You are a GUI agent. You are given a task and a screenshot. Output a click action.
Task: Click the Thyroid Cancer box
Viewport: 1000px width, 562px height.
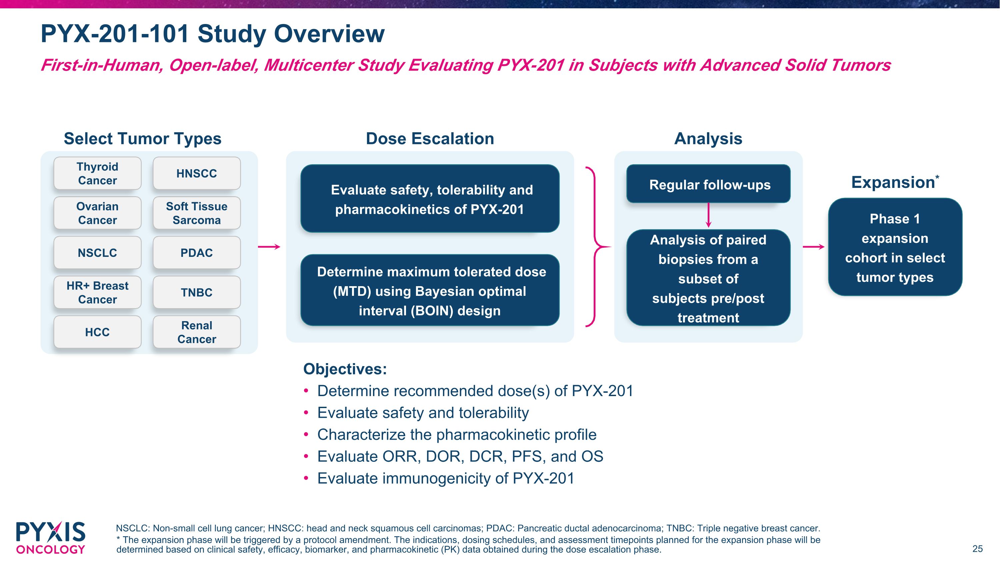(97, 173)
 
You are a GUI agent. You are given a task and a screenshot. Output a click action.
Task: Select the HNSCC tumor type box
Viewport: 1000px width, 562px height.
(196, 173)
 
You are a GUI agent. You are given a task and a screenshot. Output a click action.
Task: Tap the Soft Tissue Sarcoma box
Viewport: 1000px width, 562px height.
(196, 213)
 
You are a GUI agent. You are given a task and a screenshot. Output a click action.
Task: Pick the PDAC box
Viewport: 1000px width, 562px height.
(196, 253)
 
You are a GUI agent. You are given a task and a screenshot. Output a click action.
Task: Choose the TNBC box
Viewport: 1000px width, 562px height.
(196, 292)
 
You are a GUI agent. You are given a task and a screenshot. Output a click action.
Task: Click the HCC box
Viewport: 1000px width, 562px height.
(97, 332)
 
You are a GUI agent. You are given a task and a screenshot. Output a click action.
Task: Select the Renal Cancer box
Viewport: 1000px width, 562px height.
(196, 332)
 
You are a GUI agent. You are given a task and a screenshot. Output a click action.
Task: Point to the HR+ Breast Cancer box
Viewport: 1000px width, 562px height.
(97, 292)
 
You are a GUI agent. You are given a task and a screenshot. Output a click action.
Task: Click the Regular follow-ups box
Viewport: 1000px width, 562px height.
(708, 184)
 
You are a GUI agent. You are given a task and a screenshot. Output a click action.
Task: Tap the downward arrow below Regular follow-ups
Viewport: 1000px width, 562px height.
(708, 216)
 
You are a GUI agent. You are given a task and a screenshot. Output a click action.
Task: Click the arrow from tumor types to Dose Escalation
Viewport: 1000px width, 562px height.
(269, 247)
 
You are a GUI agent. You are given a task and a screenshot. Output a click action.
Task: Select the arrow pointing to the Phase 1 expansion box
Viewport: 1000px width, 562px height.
(814, 247)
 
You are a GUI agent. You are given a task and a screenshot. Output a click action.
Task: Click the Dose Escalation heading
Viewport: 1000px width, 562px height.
(430, 139)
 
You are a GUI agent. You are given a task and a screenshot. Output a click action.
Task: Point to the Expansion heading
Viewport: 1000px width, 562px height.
(893, 182)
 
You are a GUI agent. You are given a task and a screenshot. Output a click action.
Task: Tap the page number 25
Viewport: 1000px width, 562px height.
(977, 549)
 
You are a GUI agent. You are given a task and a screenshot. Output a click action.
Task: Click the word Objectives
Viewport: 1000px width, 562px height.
(345, 369)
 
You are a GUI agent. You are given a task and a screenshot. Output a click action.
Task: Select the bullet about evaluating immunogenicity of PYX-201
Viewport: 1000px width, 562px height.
(445, 478)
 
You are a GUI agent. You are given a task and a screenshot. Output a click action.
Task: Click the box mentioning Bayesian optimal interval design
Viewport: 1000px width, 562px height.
(430, 291)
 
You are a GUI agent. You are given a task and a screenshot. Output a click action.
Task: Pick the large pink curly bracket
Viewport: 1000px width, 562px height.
(596, 247)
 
